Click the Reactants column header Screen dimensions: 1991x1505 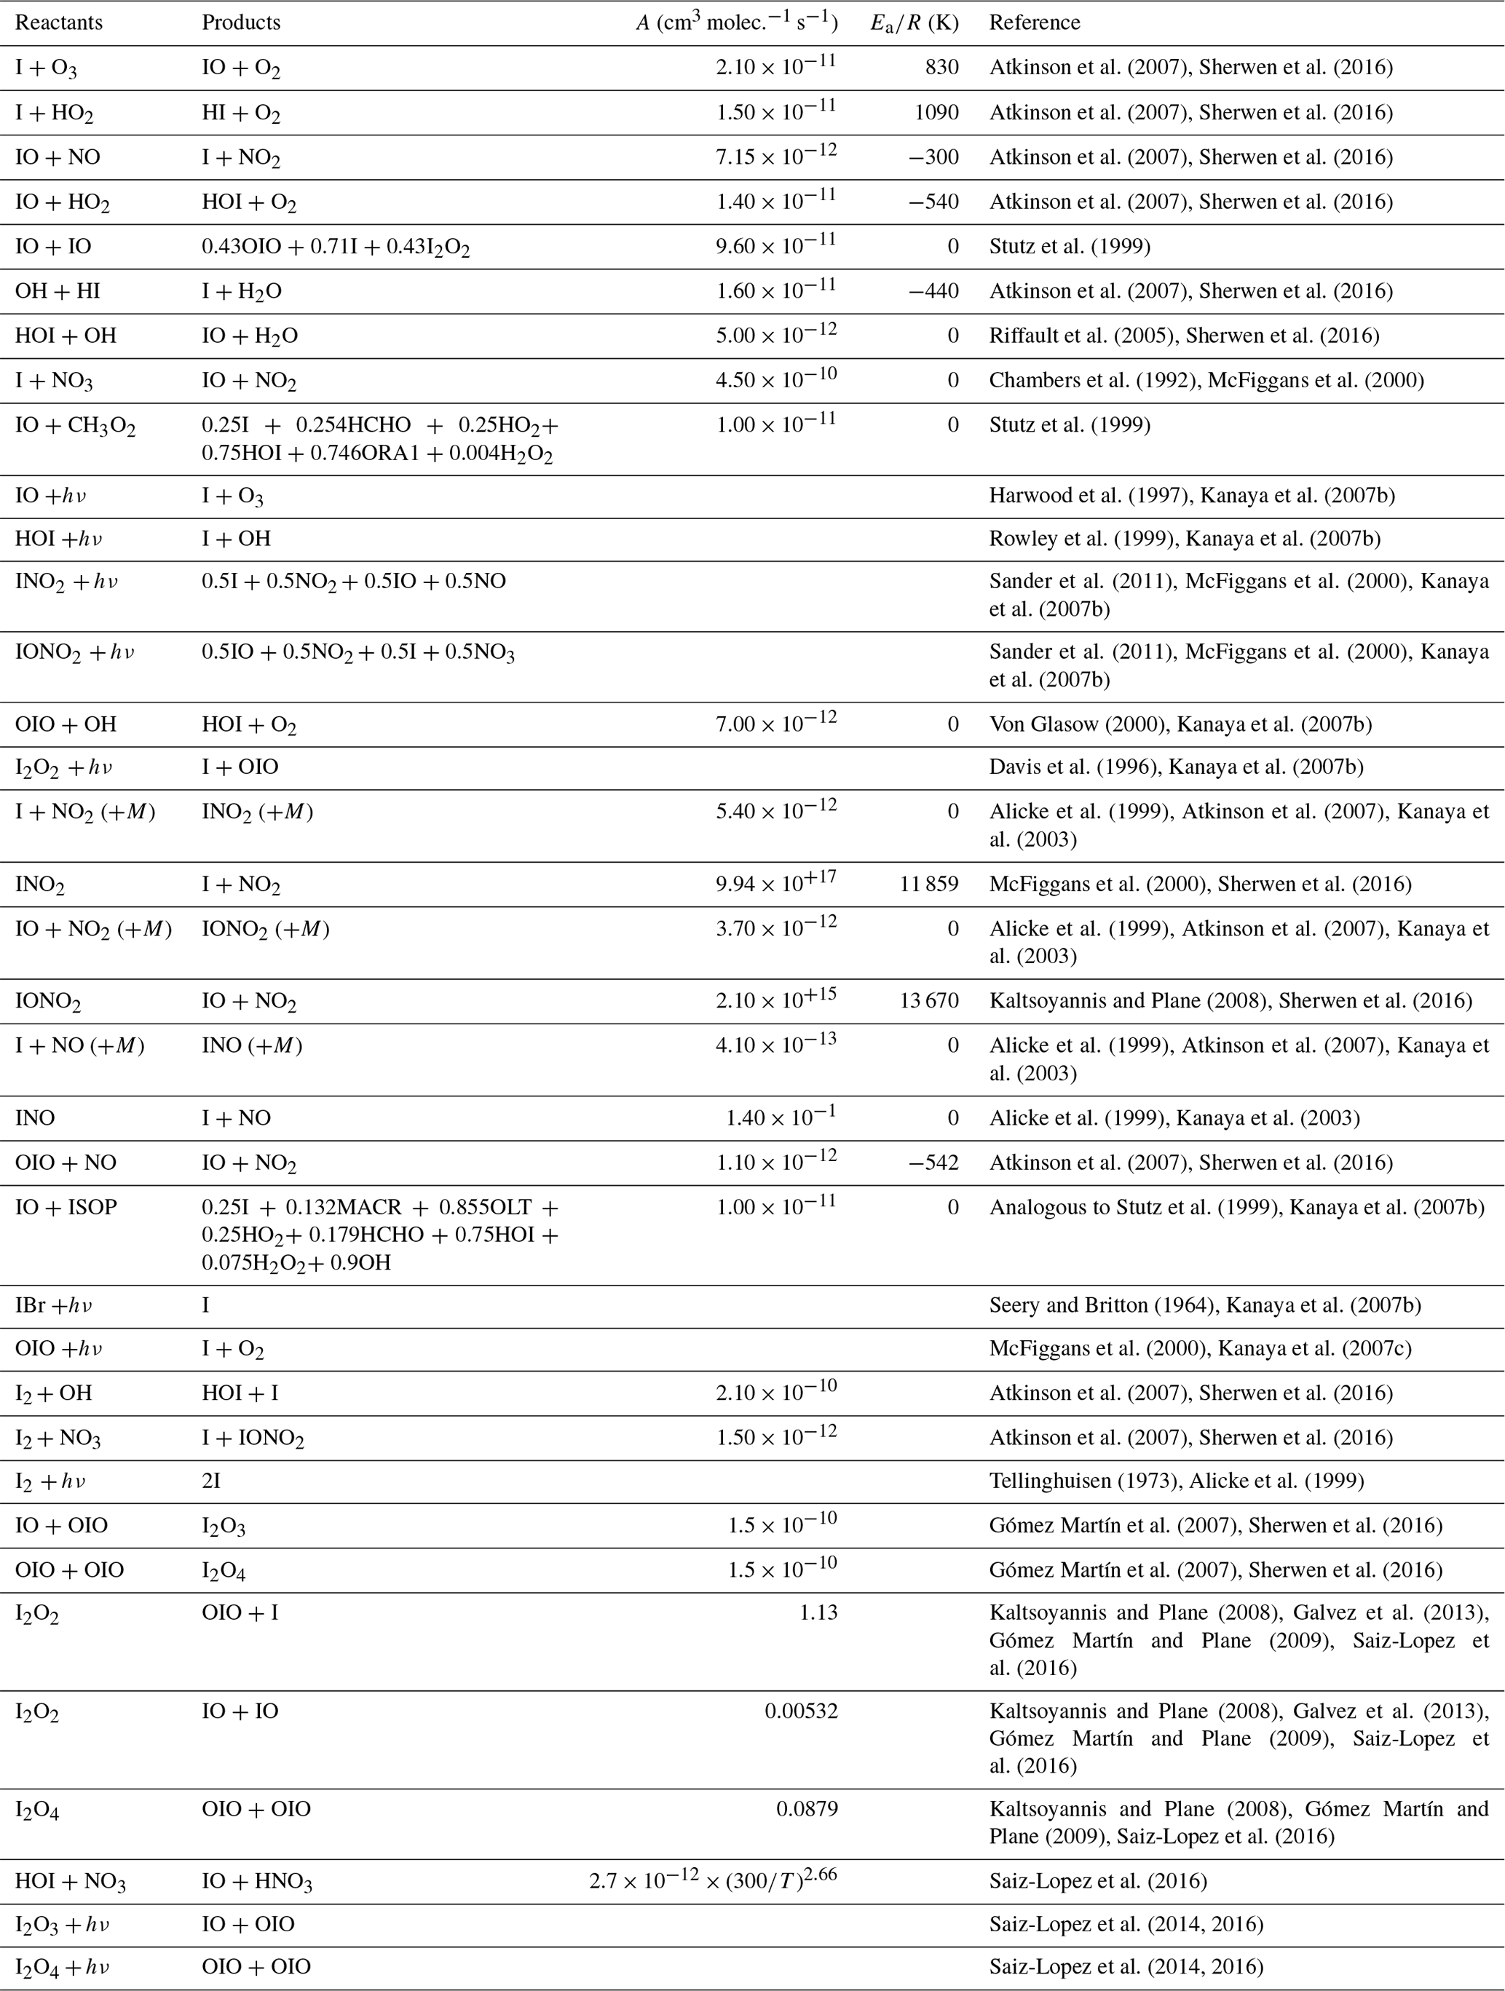point(58,23)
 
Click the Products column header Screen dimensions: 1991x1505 point(240,23)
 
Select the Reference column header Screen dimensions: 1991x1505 point(1034,23)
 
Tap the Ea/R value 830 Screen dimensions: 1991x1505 point(941,68)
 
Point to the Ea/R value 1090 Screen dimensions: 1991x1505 point(936,113)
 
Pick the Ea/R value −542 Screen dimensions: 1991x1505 point(935,1163)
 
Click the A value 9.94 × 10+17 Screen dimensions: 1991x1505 point(776,883)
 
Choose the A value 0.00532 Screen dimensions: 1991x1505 point(801,1711)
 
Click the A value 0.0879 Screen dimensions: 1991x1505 point(807,1809)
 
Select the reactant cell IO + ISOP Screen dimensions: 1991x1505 point(66,1207)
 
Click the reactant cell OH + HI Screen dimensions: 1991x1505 point(58,290)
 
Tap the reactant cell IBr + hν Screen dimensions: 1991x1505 point(54,1305)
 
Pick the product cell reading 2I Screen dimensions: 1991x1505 point(210,1481)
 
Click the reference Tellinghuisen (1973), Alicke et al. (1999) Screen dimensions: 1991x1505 point(1177,1481)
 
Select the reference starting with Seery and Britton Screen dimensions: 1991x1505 point(1204,1305)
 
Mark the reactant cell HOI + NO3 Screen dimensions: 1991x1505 point(70,1882)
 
